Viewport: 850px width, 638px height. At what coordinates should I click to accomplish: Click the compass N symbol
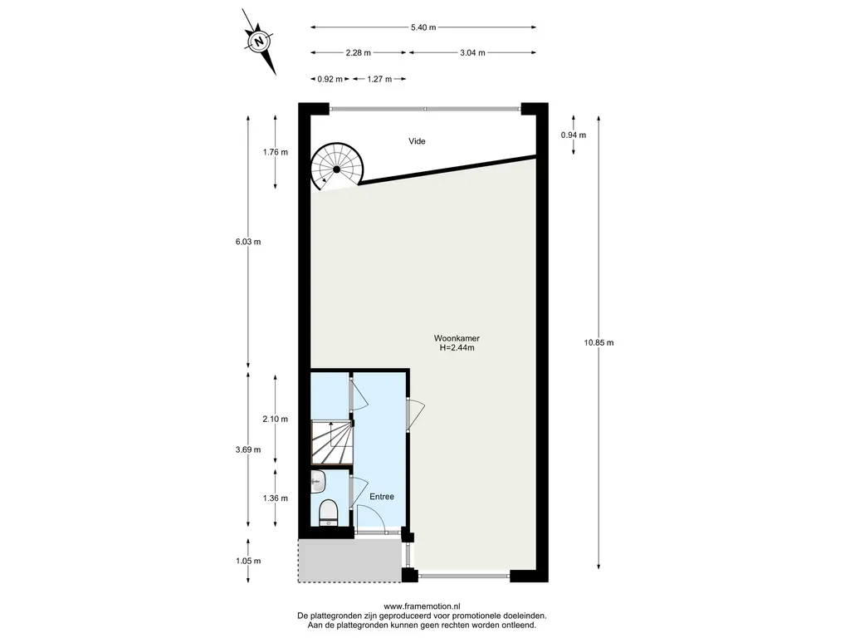click(x=259, y=42)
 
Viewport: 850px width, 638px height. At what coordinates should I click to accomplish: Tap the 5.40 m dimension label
click(x=423, y=27)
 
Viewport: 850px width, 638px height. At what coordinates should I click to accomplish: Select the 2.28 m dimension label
click(x=359, y=52)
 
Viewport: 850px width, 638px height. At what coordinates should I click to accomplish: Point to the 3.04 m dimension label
click(x=472, y=52)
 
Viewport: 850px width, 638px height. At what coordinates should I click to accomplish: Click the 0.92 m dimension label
click(x=330, y=79)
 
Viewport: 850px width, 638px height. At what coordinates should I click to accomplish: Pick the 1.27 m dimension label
click(x=379, y=79)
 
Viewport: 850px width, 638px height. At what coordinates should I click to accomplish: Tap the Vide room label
click(x=417, y=141)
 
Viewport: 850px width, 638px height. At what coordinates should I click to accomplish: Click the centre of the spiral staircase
click(x=336, y=169)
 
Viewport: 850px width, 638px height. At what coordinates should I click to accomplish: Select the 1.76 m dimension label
click(x=276, y=152)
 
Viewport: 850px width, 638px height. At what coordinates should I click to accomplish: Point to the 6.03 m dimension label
click(x=248, y=242)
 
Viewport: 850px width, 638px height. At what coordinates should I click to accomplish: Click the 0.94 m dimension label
click(x=574, y=135)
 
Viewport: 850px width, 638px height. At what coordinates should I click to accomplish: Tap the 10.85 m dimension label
click(x=599, y=342)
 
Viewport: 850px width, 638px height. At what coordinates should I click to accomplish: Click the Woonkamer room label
click(x=457, y=338)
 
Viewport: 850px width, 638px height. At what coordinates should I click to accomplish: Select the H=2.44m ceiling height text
click(x=457, y=348)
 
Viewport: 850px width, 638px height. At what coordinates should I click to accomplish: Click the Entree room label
click(x=382, y=497)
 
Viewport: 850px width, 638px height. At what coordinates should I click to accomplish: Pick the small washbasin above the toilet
click(x=318, y=481)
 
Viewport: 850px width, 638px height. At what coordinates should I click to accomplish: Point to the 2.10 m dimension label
click(x=276, y=419)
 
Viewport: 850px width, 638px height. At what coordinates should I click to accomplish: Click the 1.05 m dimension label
click(x=248, y=561)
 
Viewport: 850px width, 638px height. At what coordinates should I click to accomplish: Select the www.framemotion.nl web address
click(x=422, y=606)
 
